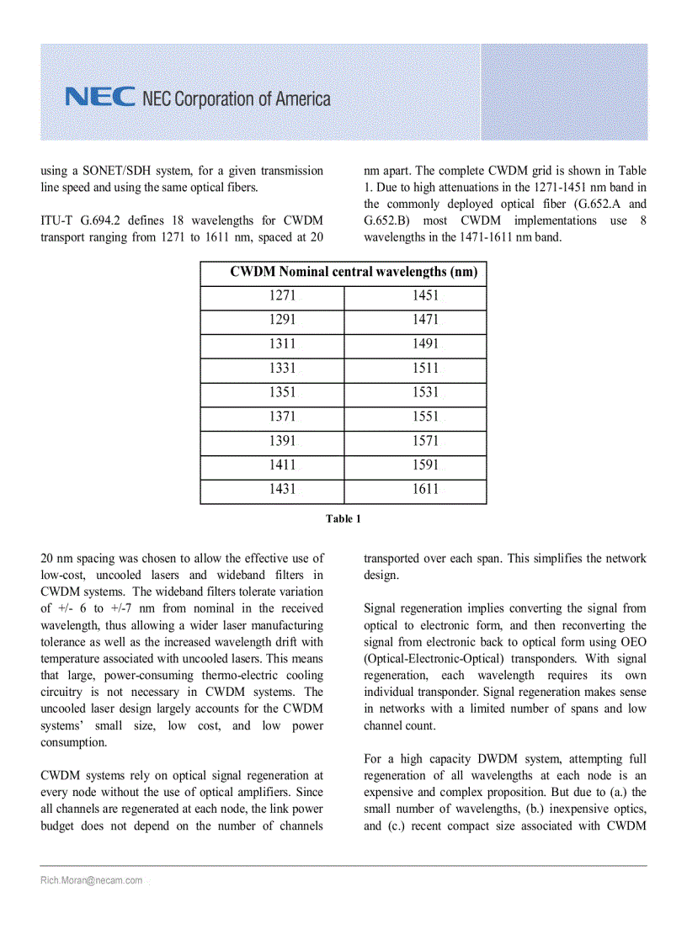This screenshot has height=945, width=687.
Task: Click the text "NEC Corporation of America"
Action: coord(237,99)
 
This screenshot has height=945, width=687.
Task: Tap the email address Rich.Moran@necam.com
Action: coord(91,880)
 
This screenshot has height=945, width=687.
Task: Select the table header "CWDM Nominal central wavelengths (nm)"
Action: coord(354,272)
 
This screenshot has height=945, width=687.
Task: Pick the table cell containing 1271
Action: coord(282,296)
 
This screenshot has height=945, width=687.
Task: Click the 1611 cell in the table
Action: coord(425,490)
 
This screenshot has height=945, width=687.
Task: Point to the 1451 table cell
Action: coord(425,296)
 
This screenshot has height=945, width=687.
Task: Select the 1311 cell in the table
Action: coord(282,344)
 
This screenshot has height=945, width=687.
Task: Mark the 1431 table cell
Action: coord(282,490)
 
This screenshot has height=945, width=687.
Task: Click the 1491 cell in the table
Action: coord(425,344)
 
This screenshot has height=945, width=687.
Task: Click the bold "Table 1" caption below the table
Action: coord(343,518)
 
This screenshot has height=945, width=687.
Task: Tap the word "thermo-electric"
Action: coord(245,676)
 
